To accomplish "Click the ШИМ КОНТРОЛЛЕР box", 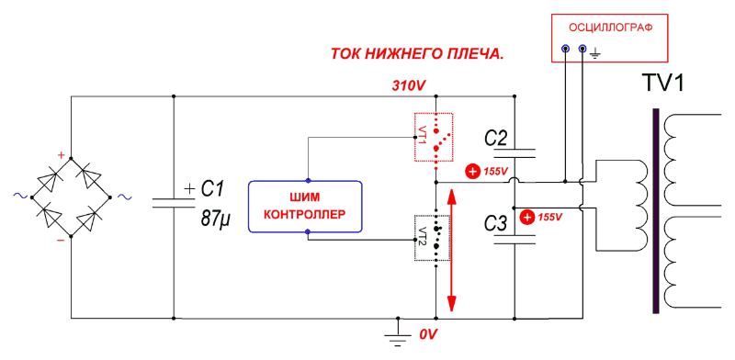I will [x=306, y=207].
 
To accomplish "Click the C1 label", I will [x=212, y=189].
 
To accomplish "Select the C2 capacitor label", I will [x=495, y=139].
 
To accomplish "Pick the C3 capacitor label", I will [x=495, y=223].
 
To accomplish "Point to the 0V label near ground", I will [x=427, y=335].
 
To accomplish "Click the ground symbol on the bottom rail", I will [x=397, y=334].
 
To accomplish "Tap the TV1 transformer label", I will [x=669, y=84].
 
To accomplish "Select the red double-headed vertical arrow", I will [x=451, y=249].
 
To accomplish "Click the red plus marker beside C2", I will [x=472, y=171].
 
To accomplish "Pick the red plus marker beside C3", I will [x=526, y=218].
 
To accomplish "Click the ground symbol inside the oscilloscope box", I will [x=595, y=55].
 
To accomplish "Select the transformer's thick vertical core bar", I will [x=656, y=212].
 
